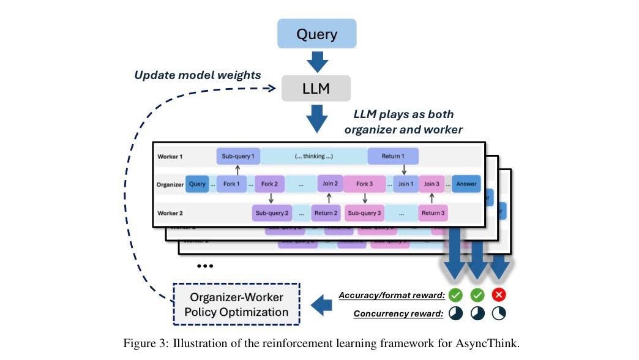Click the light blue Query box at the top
[316, 34]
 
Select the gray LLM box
[316, 88]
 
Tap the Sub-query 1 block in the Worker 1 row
[237, 156]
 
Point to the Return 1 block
[393, 156]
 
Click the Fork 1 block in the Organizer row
[231, 184]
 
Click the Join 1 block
[405, 184]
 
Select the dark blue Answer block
[466, 184]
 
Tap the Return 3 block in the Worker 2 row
[433, 213]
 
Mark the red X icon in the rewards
[499, 295]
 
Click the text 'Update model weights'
[198, 75]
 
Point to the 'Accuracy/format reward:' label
[392, 296]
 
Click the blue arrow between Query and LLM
[316, 61]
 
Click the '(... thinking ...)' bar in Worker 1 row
[313, 156]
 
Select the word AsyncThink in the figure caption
[488, 343]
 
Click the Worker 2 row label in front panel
[170, 213]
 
